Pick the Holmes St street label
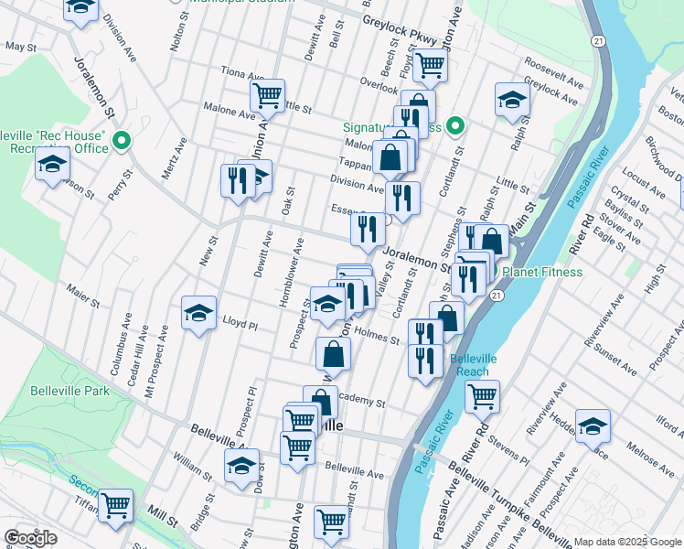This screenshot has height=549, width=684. point(376,337)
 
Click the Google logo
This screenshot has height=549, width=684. point(30,538)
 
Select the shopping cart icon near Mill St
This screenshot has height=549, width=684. point(116,504)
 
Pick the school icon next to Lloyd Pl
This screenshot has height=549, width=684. point(198,313)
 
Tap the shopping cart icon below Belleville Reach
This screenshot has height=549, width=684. point(482,396)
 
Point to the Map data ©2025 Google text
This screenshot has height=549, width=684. point(626,542)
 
